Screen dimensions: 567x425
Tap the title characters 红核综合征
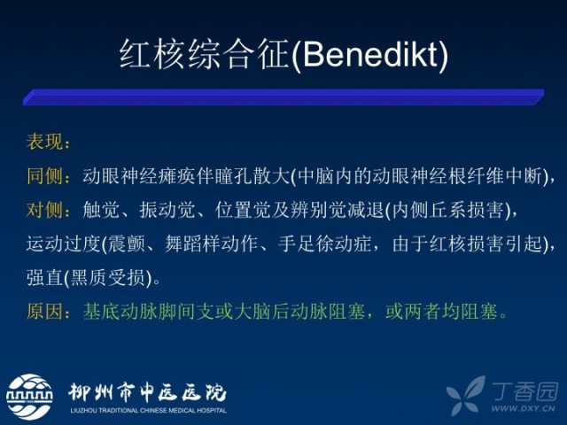[205, 54]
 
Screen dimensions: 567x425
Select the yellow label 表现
[44, 141]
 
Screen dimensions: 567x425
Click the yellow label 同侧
[44, 176]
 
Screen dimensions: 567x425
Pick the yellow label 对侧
[44, 210]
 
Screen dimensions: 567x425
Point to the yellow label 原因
[44, 311]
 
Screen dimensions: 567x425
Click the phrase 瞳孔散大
[252, 176]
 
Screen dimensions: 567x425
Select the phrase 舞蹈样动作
[212, 243]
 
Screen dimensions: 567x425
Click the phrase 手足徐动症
[325, 243]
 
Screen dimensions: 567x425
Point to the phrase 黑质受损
[107, 277]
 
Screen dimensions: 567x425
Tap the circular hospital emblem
[29, 397]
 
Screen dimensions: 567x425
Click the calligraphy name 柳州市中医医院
[147, 392]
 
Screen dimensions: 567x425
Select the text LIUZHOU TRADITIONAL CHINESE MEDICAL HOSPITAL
[149, 411]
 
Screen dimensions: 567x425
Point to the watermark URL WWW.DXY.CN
[523, 408]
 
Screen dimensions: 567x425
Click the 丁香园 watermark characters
[524, 391]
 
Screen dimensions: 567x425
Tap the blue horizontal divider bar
[283, 97]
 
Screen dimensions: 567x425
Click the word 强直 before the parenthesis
[44, 277]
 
